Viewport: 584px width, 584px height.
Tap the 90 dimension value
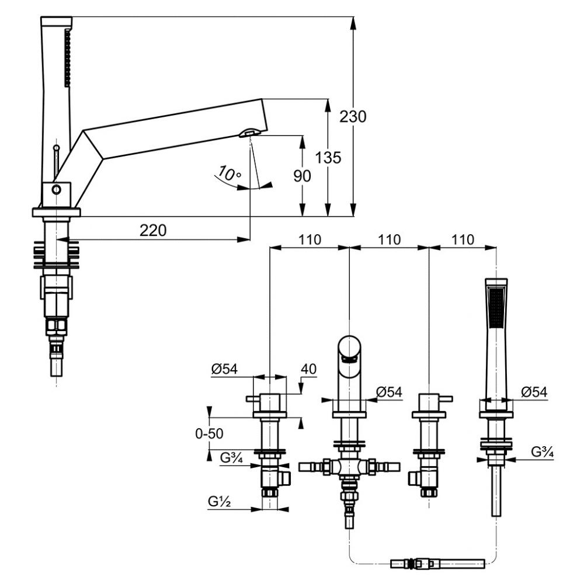[x=303, y=175]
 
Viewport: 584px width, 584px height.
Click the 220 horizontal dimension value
[x=153, y=230]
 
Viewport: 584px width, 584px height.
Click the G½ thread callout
[x=220, y=500]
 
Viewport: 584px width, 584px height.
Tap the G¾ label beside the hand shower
[x=542, y=451]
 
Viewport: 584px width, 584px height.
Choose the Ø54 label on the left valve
[x=225, y=370]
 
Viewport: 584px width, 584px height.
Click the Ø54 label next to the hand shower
[x=534, y=392]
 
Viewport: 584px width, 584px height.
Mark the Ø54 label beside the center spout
[x=390, y=392]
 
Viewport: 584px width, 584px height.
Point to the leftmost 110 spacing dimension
[x=309, y=239]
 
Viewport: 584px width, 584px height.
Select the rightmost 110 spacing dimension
[x=463, y=239]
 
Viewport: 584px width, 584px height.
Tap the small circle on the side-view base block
[x=56, y=189]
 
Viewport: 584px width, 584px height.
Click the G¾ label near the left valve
[x=232, y=457]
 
